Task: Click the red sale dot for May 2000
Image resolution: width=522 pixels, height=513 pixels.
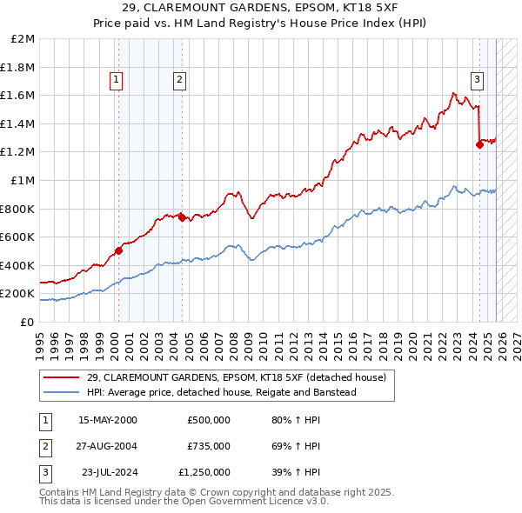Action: point(118,250)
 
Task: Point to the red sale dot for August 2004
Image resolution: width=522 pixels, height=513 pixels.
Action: point(182,217)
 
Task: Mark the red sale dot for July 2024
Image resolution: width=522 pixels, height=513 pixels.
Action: point(479,145)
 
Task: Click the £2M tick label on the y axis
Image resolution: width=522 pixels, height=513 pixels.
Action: point(23,39)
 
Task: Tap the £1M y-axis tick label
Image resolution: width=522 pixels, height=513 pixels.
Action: point(23,181)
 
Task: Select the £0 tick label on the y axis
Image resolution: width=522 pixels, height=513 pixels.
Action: point(27,322)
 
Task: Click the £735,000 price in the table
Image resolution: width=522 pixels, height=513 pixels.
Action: point(208,446)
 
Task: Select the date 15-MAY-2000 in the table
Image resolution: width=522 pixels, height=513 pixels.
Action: point(107,419)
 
